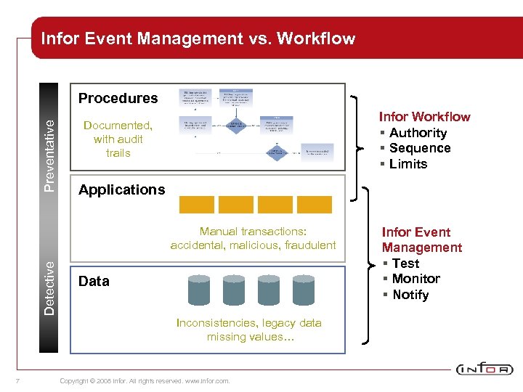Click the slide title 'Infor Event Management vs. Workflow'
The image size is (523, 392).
[198, 38]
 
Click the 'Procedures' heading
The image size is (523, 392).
[118, 98]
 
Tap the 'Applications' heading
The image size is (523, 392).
[121, 189]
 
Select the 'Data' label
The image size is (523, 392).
[94, 281]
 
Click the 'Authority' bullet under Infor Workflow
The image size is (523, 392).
[418, 133]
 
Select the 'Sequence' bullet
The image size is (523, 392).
[420, 148]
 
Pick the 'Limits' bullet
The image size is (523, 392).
[408, 164]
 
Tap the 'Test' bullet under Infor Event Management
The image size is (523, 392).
[405, 264]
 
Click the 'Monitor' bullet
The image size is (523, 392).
[415, 279]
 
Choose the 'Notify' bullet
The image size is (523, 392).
[410, 295]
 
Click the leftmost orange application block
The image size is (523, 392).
[196, 205]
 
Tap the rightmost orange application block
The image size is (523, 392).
[314, 205]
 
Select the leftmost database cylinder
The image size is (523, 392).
[199, 289]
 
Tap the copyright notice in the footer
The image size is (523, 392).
[145, 380]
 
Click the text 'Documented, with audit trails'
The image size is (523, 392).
[118, 139]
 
